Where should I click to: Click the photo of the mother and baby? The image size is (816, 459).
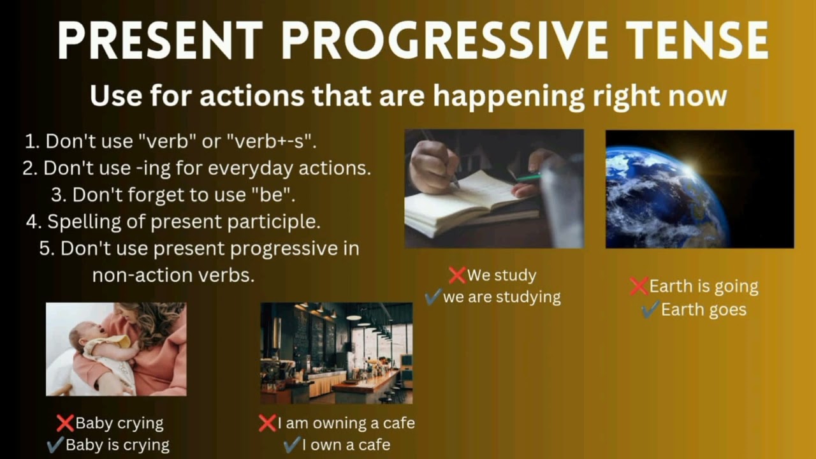[116, 349]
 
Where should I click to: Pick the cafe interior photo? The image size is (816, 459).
[336, 353]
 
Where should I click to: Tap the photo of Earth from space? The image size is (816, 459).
[699, 189]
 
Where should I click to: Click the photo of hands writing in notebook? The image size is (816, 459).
[494, 189]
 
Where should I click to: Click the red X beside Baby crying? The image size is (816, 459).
[65, 423]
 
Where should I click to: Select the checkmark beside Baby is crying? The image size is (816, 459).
[55, 444]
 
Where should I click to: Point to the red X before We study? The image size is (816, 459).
[457, 275]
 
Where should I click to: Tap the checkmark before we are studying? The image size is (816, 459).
[433, 297]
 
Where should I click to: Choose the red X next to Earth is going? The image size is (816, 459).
[639, 286]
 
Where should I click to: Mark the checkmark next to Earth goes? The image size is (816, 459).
[650, 310]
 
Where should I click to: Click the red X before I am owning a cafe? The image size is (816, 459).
[267, 423]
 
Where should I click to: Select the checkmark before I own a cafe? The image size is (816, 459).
[291, 444]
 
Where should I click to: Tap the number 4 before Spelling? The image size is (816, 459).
[33, 222]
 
